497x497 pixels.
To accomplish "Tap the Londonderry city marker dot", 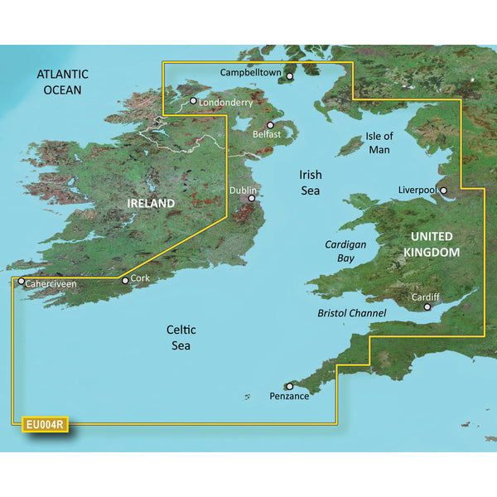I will tap(193, 101).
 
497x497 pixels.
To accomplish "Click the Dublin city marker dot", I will tap(252, 199).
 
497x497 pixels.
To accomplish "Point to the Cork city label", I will tap(140, 279).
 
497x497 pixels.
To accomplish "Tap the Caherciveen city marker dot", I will tap(22, 282).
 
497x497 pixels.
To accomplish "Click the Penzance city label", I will tap(289, 397).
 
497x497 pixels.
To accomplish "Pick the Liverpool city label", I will tap(417, 190).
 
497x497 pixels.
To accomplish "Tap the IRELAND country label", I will tap(150, 204).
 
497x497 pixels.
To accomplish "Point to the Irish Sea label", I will tap(311, 182).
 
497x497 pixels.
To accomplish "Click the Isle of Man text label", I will tap(379, 142).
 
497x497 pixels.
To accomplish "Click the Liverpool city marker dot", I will tap(443, 191).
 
